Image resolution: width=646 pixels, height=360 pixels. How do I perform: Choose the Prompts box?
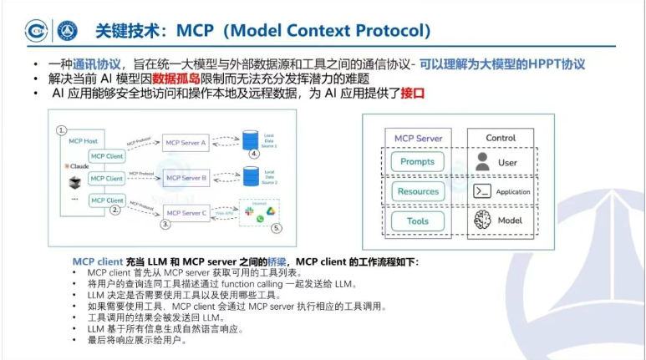[417, 161]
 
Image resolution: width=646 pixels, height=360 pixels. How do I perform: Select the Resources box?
[417, 191]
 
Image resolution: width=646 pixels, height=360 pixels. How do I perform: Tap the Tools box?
[417, 221]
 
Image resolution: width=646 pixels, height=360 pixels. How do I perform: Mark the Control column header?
[501, 137]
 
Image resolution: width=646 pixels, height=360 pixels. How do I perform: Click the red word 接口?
[413, 94]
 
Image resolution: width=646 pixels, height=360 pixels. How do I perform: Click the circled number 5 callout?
[277, 226]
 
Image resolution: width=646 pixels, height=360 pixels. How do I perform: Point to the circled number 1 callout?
[61, 131]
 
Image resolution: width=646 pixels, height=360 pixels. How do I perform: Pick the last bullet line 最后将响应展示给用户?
[137, 340]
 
